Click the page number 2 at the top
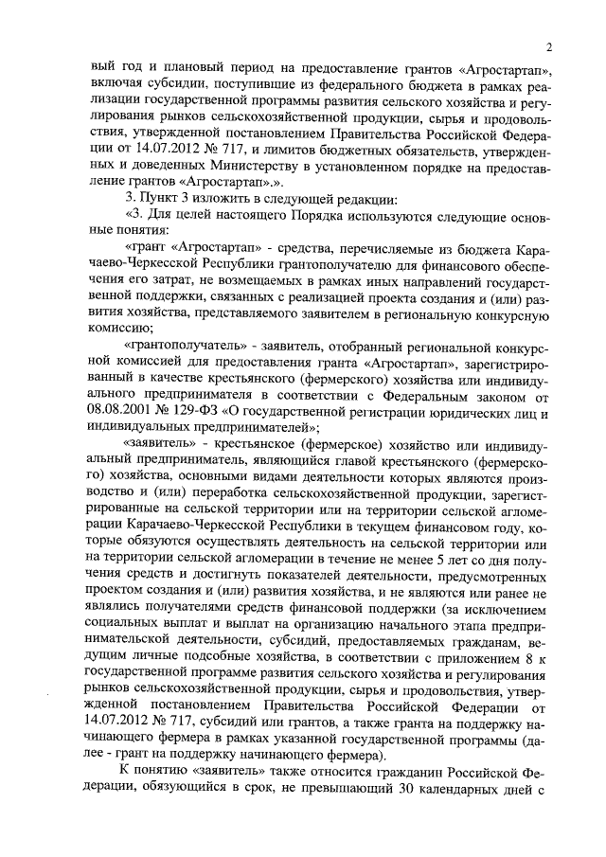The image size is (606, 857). [548, 48]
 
